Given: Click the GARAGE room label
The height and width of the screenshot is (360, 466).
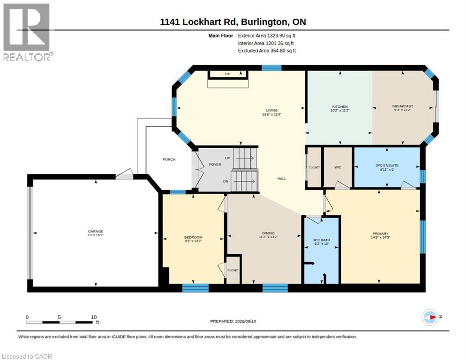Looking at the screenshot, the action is [95, 231].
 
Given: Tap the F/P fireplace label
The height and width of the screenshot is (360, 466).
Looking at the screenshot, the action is [227, 74].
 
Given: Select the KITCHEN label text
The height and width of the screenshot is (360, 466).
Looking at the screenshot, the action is [340, 107].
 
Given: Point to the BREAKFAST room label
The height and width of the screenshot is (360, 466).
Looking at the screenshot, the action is [402, 106].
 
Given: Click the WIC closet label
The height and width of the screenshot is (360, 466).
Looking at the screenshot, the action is [338, 167].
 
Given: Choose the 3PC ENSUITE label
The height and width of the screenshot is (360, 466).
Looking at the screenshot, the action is [387, 165].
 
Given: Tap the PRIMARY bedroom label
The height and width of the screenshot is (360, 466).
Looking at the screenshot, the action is [380, 233].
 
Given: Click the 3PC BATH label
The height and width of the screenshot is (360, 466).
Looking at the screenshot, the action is [322, 240].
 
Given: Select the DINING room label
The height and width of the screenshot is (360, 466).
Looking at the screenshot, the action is [268, 233].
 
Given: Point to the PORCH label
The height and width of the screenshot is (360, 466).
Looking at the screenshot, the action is [169, 159].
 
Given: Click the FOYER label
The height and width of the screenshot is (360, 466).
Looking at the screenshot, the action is [215, 165].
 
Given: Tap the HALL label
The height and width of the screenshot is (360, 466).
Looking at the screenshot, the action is [282, 179].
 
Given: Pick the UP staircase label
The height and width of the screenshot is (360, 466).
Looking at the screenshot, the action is [227, 158].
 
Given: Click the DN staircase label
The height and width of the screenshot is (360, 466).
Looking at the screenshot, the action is [225, 181].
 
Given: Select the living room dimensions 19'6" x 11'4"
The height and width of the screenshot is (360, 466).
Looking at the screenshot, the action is [271, 114].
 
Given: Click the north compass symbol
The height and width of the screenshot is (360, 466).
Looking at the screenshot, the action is [430, 317].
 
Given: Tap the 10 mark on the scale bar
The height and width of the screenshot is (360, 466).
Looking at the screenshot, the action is [94, 317].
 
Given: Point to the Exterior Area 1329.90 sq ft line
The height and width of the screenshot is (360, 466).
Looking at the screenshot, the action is [267, 36].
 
